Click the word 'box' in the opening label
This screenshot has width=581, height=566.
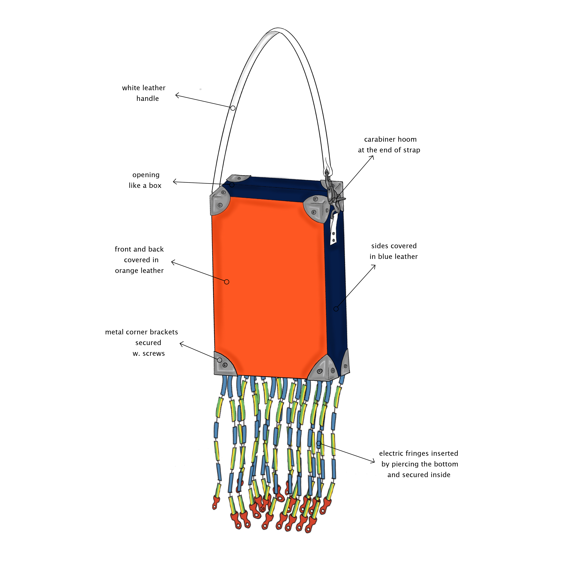click(155, 186)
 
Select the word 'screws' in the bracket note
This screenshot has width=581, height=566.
click(154, 354)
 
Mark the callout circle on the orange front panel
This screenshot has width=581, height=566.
click(227, 282)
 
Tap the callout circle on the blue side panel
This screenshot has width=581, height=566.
click(336, 309)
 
